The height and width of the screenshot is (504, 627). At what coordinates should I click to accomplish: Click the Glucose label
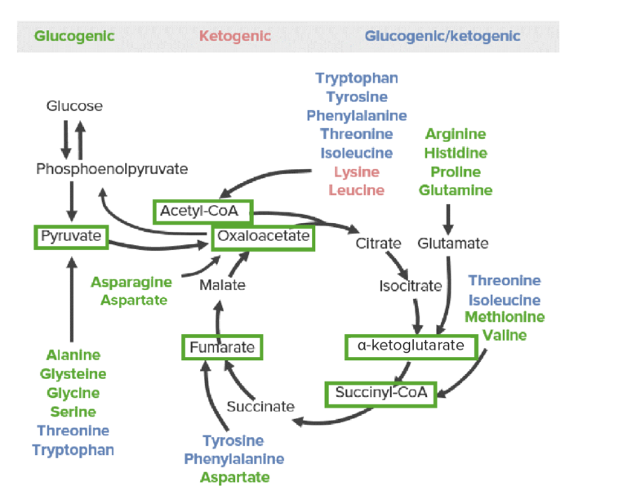74,106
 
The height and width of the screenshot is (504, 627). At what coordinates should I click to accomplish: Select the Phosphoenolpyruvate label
112,169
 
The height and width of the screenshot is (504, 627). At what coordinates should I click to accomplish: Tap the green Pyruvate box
71,237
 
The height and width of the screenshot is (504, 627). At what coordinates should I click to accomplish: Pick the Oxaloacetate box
262,237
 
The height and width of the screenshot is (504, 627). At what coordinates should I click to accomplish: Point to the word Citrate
378,243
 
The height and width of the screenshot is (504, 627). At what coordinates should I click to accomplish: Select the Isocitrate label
410,286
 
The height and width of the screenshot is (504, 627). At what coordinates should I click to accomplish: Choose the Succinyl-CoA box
381,393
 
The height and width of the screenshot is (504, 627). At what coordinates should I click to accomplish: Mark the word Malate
222,286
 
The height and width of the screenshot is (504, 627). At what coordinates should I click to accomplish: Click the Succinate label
260,406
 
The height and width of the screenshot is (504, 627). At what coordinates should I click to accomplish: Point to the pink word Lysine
356,172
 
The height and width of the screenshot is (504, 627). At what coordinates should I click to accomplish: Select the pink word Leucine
356,191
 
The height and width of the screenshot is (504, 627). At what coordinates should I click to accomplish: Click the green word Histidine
456,154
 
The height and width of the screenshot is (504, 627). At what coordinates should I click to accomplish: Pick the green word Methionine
505,317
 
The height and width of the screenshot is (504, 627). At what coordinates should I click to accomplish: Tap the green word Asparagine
131,282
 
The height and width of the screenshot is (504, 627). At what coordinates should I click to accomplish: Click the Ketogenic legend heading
235,36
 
